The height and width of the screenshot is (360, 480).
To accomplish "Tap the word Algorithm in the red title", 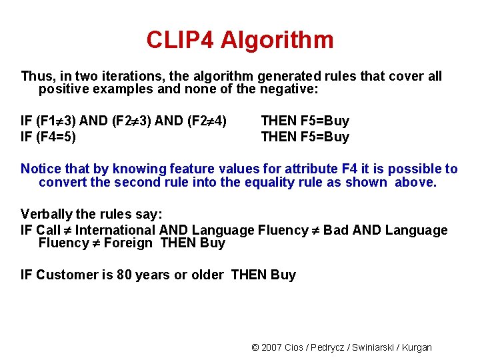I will pyautogui.click(x=277, y=40).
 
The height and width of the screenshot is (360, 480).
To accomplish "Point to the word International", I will pyautogui.click(x=116, y=230).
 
